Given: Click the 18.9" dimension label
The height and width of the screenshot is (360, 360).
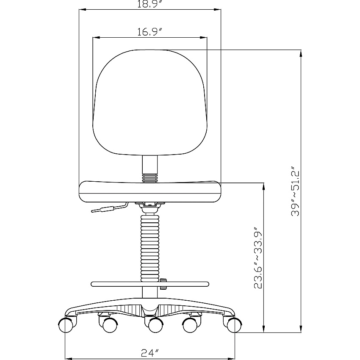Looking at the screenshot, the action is point(150,4).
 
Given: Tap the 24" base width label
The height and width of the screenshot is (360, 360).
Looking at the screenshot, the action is point(150,353).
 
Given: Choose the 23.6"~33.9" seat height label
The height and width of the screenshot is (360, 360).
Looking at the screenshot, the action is point(258,258).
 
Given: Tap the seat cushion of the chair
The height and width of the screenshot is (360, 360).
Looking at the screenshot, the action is point(150,192).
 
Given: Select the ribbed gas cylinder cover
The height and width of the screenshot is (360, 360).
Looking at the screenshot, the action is point(150,248).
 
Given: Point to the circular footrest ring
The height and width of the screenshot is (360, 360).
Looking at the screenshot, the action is point(150,284).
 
